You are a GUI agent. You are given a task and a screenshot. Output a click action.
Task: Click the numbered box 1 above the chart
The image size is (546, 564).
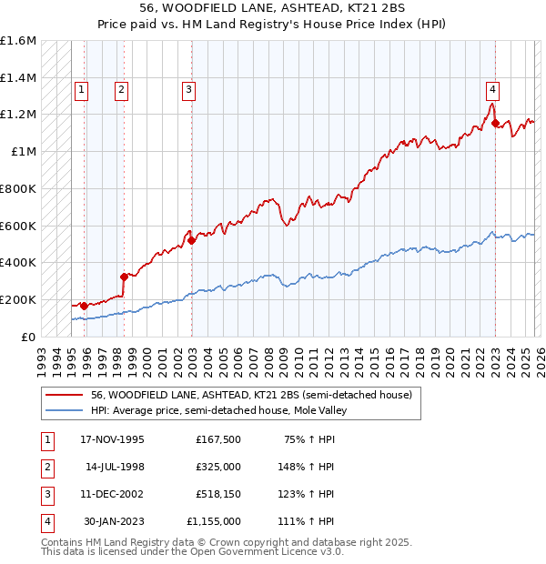[82, 89]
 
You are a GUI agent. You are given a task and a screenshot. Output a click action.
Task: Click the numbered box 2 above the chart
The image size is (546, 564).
[121, 89]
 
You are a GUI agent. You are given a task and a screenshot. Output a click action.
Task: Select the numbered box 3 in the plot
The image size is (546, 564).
[188, 89]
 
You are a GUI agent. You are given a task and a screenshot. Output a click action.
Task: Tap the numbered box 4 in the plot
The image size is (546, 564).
[491, 89]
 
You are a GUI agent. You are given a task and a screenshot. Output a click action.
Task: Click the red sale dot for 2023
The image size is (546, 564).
[495, 124]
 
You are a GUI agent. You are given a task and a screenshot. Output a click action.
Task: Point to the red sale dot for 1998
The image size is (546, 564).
[124, 277]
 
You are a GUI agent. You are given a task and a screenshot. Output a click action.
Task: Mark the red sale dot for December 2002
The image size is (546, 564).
[192, 241]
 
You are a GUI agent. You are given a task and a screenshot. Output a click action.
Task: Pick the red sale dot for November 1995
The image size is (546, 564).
[84, 306]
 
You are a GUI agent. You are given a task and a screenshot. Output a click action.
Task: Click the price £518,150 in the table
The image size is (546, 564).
[218, 494]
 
